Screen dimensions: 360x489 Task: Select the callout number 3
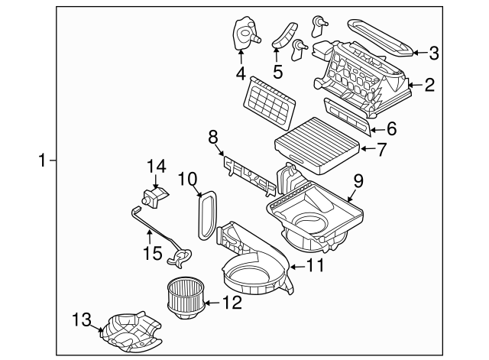(433, 53)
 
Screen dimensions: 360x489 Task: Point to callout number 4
(241, 74)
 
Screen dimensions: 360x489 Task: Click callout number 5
(277, 73)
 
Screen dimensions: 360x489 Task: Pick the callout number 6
(390, 129)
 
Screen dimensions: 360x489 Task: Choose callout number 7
(383, 148)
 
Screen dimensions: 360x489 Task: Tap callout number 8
(213, 137)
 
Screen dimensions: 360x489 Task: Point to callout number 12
(232, 303)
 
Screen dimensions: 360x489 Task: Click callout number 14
(156, 165)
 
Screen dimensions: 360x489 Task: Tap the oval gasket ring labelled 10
(206, 216)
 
